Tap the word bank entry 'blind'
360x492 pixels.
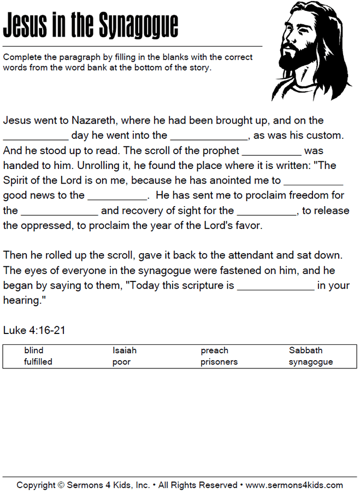[34, 350]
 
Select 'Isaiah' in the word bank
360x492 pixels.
[125, 350]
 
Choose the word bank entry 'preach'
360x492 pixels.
[214, 350]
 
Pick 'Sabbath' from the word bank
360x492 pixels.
[305, 350]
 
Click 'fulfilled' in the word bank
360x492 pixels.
[38, 362]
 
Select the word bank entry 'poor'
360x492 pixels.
[121, 362]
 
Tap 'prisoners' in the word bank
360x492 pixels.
[219, 362]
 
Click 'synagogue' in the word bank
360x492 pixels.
[311, 362]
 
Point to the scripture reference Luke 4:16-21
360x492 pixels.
[34, 331]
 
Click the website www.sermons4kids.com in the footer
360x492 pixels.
[294, 485]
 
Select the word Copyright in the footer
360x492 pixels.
[36, 485]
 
